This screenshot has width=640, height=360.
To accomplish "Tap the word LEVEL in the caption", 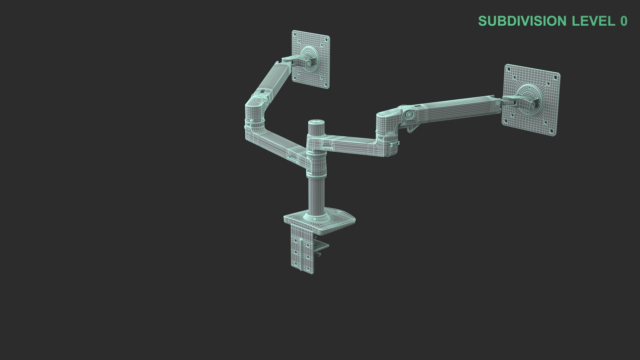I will pyautogui.click(x=593, y=21).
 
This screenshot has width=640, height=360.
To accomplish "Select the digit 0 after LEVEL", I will pyautogui.click(x=624, y=21).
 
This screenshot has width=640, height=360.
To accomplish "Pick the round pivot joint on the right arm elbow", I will pyautogui.click(x=409, y=114).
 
